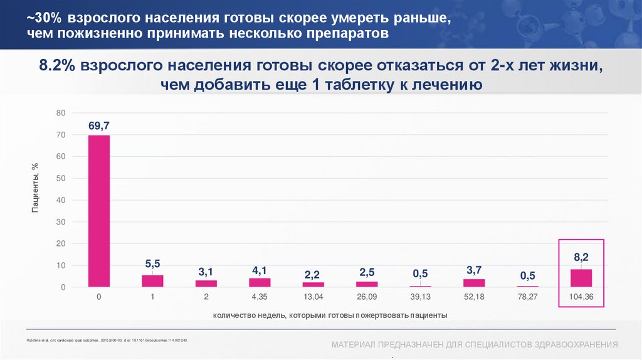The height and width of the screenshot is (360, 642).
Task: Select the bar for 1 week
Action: point(152,281)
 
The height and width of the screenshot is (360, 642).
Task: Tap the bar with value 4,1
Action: point(259,283)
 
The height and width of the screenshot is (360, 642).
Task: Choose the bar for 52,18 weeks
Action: point(475,283)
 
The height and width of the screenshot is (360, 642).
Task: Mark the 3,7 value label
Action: point(475,270)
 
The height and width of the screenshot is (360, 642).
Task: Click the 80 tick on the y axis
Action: point(61,113)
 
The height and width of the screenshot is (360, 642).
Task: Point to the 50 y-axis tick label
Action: point(61,178)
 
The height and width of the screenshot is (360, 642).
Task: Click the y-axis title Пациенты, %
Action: point(35,187)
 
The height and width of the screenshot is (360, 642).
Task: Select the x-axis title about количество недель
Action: point(330,315)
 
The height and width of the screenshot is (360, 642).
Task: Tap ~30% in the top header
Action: point(41,18)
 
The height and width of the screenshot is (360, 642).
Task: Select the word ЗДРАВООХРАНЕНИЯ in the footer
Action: point(576,345)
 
